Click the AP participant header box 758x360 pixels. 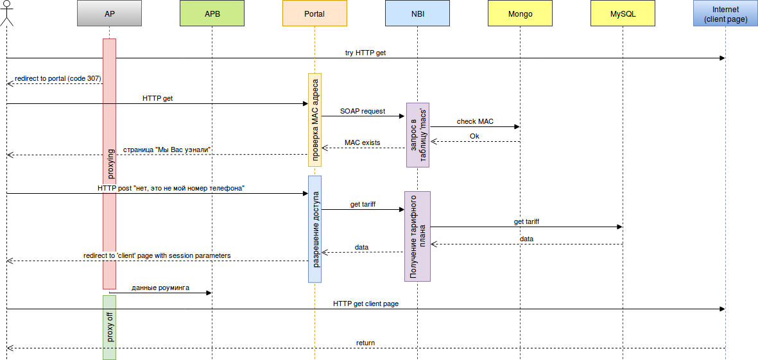109,13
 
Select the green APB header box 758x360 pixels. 212,13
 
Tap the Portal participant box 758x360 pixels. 314,13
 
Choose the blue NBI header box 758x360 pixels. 417,13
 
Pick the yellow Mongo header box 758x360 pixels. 520,13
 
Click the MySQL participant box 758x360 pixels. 623,13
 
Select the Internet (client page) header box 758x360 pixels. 725,13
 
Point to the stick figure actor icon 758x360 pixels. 6,13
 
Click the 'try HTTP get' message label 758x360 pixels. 365,53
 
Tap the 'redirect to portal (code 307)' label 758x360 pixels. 58,78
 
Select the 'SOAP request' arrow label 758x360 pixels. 363,111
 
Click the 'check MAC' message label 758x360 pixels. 475,121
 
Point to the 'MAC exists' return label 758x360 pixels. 362,142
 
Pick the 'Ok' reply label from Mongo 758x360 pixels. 474,136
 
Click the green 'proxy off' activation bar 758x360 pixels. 109,327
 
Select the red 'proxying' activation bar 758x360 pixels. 109,164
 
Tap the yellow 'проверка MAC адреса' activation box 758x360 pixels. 314,119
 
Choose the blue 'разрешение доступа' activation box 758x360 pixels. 314,229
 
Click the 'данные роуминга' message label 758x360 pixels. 160,288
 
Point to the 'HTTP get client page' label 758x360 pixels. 366,304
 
